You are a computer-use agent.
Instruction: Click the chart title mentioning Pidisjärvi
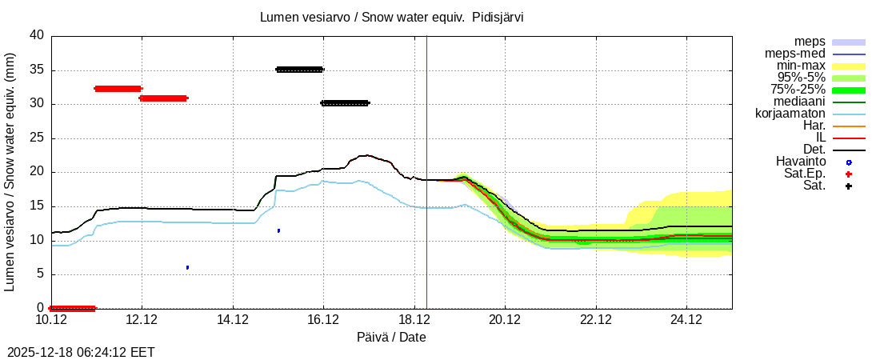click(392, 17)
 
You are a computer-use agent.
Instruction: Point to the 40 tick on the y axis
click(37, 35)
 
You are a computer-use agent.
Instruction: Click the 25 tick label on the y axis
click(37, 138)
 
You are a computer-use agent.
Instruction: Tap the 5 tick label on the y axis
click(40, 274)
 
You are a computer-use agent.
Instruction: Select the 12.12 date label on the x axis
click(142, 320)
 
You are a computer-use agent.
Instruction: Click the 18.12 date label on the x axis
click(414, 320)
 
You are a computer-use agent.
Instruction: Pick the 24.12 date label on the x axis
click(686, 320)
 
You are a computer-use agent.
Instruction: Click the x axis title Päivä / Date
click(391, 338)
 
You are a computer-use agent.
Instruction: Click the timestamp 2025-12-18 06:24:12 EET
click(81, 352)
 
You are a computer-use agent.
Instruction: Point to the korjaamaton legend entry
click(790, 114)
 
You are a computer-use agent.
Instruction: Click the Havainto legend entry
click(800, 162)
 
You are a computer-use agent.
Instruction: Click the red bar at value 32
click(118, 89)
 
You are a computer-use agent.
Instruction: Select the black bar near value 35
click(299, 70)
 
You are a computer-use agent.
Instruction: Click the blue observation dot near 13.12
click(187, 267)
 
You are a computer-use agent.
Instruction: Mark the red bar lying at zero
click(72, 308)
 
